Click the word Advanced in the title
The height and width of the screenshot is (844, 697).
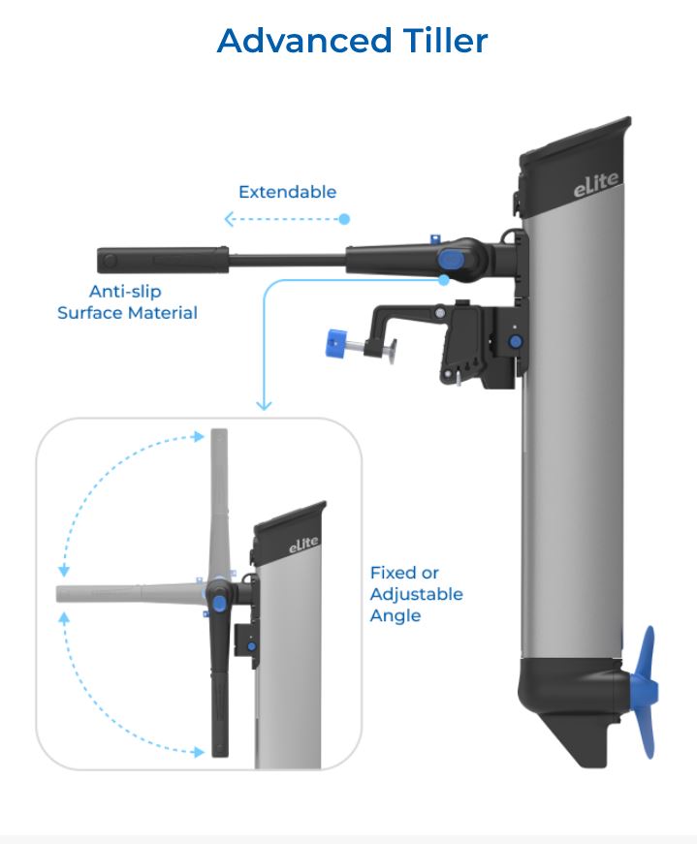click(x=304, y=41)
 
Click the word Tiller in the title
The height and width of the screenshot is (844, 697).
click(x=446, y=41)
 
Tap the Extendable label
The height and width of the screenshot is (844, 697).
click(x=287, y=192)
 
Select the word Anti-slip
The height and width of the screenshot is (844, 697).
click(x=125, y=292)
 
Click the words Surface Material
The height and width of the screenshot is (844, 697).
click(x=127, y=313)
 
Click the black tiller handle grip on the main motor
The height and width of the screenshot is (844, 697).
click(x=163, y=260)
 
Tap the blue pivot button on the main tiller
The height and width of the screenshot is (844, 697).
click(x=452, y=260)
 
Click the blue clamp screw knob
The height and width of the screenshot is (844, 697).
click(x=335, y=343)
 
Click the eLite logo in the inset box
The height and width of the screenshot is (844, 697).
click(x=303, y=545)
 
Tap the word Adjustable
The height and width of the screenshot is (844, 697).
click(x=417, y=594)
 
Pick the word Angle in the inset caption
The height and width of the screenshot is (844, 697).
click(x=396, y=615)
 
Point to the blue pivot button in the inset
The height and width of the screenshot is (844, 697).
click(x=219, y=603)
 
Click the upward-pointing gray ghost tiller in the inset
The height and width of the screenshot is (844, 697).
click(x=219, y=503)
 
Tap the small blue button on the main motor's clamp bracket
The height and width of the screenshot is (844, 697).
click(x=516, y=341)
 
